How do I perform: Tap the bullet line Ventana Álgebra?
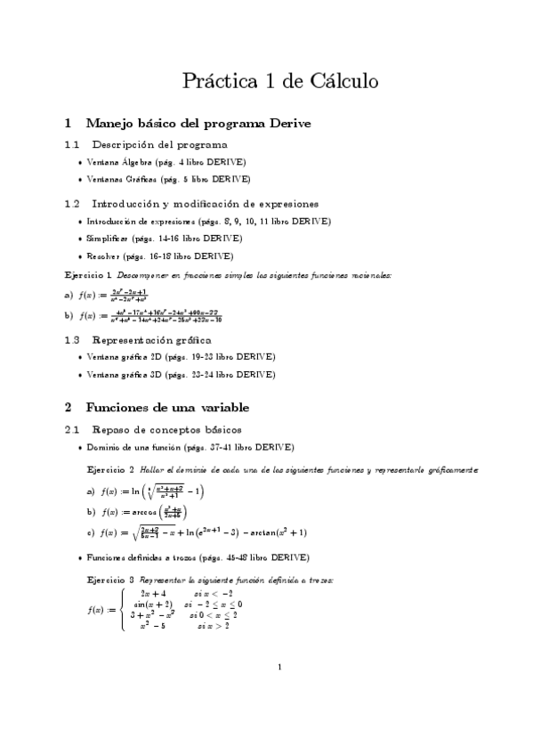(x=166, y=162)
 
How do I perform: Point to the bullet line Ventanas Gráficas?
(x=168, y=178)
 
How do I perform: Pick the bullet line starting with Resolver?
(x=160, y=256)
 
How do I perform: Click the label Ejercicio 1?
(x=88, y=275)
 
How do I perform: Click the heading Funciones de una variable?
(x=166, y=407)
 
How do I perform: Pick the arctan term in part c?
(x=275, y=532)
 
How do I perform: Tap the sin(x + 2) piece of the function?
(x=152, y=604)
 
